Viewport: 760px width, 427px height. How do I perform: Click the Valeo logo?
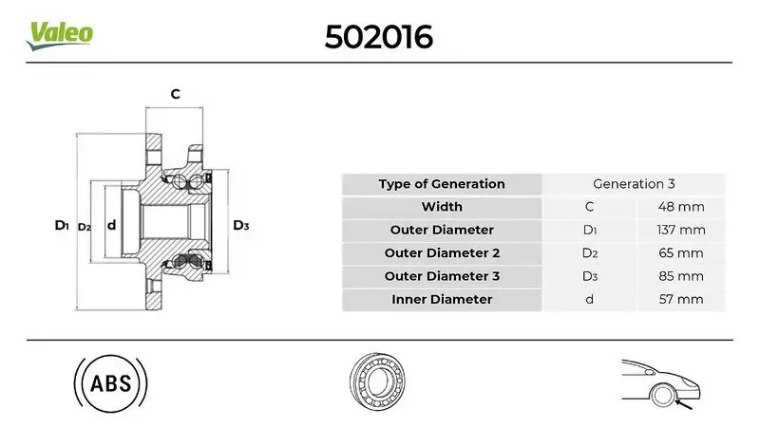tap(61, 33)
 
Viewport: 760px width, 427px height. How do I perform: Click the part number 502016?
tap(379, 36)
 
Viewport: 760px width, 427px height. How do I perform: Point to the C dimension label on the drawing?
tap(175, 94)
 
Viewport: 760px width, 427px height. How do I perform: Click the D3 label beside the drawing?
tap(240, 226)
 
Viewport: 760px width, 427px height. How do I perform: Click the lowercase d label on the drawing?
tap(111, 226)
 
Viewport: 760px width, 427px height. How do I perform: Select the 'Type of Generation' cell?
tap(442, 184)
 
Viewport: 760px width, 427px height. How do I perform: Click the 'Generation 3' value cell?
tap(634, 184)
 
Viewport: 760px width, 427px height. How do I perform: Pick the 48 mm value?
tap(681, 207)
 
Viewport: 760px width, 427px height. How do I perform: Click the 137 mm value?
tap(681, 230)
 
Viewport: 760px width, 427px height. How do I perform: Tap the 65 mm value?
tap(681, 253)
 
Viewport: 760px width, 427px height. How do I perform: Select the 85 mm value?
tap(681, 276)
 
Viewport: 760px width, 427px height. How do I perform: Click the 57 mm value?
tap(681, 300)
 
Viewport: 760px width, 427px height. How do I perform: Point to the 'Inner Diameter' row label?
tap(442, 300)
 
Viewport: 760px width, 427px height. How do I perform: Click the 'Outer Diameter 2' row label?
tap(442, 253)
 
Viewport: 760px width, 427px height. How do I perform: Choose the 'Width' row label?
tap(442, 207)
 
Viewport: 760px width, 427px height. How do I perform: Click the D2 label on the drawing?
tap(84, 227)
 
